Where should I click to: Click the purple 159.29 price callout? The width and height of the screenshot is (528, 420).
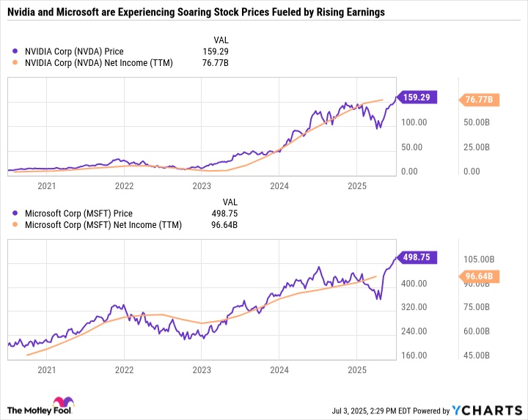pyautogui.click(x=418, y=96)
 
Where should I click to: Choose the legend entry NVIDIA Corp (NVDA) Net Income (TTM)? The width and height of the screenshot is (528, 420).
pyautogui.click(x=93, y=63)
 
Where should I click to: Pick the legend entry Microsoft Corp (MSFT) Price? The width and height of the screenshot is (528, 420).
pyautogui.click(x=74, y=213)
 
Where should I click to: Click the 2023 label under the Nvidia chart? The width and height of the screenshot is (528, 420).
pyautogui.click(x=201, y=186)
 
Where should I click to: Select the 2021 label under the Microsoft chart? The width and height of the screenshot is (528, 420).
pyautogui.click(x=46, y=372)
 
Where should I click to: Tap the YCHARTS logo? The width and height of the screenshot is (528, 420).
pyautogui.click(x=491, y=409)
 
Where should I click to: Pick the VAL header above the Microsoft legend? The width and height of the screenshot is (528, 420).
pyautogui.click(x=230, y=201)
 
